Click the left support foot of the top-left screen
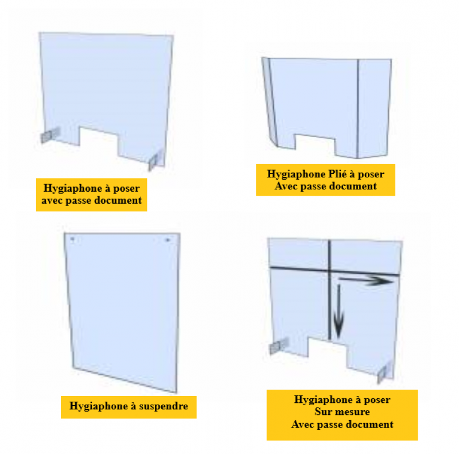(50, 135)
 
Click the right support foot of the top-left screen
(155, 160)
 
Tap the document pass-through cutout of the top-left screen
(99, 140)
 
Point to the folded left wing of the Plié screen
(270, 101)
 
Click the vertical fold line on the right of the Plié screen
(357, 108)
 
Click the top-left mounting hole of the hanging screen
(72, 239)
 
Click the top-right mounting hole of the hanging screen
(168, 240)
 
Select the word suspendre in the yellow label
(164, 406)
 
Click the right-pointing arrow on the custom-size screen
(366, 281)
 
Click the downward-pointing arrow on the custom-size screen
(339, 311)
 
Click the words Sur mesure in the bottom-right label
(342, 412)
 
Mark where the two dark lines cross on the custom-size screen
(329, 269)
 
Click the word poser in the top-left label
(126, 189)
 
